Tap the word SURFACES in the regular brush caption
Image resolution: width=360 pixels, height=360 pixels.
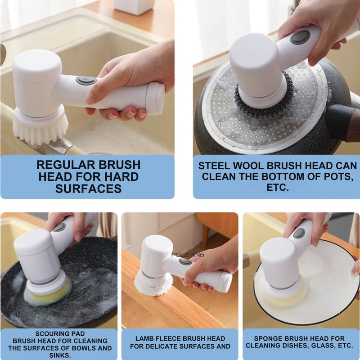[x=88, y=189]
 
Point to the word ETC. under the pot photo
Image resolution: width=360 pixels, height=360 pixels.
[x=277, y=187]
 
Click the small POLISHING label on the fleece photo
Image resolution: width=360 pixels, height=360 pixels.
[x=188, y=255]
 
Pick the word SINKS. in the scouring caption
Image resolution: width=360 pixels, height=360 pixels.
[x=60, y=355]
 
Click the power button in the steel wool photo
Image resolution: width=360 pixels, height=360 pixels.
[x=300, y=37]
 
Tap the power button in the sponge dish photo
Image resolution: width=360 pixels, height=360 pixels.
[x=299, y=233]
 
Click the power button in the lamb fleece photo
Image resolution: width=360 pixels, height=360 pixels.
[x=185, y=261]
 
